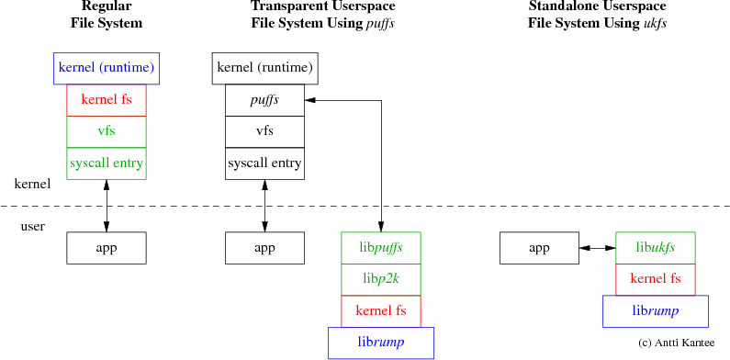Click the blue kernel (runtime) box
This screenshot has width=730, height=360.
click(107, 68)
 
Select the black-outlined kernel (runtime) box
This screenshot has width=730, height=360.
click(264, 68)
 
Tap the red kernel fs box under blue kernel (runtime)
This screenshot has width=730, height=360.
click(107, 99)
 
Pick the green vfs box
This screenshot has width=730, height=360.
click(107, 131)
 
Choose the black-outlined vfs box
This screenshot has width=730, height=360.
click(264, 131)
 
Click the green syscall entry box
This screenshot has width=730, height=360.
click(107, 163)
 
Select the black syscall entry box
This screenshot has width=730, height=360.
click(264, 163)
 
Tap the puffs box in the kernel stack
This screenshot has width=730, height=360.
click(264, 99)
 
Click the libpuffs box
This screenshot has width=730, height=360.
click(380, 247)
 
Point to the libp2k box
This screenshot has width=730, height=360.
click(380, 279)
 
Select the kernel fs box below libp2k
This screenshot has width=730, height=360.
click(380, 310)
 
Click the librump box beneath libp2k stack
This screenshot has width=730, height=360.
click(380, 342)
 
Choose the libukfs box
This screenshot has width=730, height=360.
click(655, 247)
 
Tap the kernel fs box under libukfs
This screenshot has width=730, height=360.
click(655, 278)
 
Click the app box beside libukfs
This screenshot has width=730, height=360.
click(539, 247)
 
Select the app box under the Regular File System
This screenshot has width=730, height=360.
click(107, 247)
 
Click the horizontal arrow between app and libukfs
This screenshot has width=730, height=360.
click(597, 247)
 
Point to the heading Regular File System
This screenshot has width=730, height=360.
click(107, 15)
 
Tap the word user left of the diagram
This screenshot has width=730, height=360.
click(33, 226)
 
